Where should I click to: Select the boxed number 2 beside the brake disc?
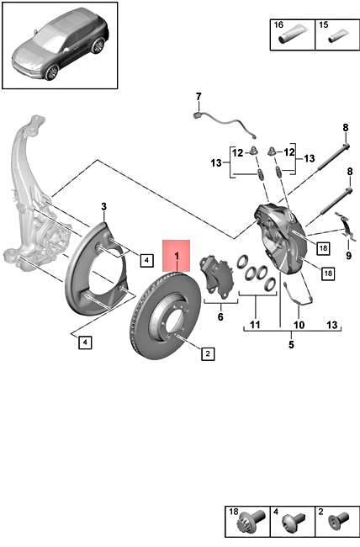pos(206,354)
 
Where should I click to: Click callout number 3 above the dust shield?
pos(103,206)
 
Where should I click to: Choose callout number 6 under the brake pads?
pos(220,317)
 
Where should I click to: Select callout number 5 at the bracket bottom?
pos(291,344)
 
